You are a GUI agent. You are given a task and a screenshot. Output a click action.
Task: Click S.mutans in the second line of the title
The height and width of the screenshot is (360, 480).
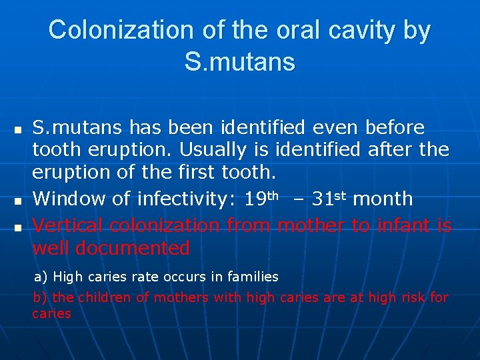[239, 62]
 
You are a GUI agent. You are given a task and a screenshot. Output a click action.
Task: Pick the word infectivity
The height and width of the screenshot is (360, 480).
[173, 199]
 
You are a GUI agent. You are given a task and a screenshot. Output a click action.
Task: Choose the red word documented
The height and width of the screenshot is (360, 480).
[133, 248]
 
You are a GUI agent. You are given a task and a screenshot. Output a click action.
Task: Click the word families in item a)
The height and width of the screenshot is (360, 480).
[254, 276]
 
